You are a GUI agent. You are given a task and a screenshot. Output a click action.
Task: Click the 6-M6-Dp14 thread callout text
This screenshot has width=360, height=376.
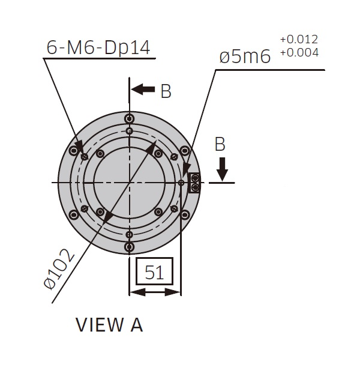(x=98, y=47)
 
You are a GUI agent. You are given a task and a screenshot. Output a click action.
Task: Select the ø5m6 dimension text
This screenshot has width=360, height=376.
(x=246, y=57)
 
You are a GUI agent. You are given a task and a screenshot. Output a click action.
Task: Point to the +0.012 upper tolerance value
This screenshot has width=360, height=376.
(x=299, y=40)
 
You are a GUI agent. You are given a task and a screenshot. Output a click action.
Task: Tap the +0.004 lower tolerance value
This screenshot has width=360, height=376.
(x=299, y=52)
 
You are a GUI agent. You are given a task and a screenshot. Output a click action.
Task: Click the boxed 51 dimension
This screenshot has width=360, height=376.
(x=154, y=273)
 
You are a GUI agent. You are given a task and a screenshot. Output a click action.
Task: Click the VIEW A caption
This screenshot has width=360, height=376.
(x=109, y=324)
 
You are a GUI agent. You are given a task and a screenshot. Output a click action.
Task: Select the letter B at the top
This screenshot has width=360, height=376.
(x=166, y=91)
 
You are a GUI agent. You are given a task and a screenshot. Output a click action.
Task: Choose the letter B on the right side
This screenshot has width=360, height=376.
(x=220, y=145)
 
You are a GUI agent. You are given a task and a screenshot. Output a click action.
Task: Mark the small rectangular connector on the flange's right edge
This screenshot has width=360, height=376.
(x=194, y=182)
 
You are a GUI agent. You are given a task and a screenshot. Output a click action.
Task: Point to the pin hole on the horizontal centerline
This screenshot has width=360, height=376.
(x=181, y=183)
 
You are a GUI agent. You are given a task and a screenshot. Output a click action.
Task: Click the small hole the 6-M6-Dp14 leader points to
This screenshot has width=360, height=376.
(x=85, y=157)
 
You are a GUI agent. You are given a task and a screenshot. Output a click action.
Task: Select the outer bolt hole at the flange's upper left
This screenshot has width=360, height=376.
(x=74, y=150)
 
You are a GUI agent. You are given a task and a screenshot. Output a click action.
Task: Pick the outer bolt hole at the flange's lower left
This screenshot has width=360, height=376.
(x=74, y=214)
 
